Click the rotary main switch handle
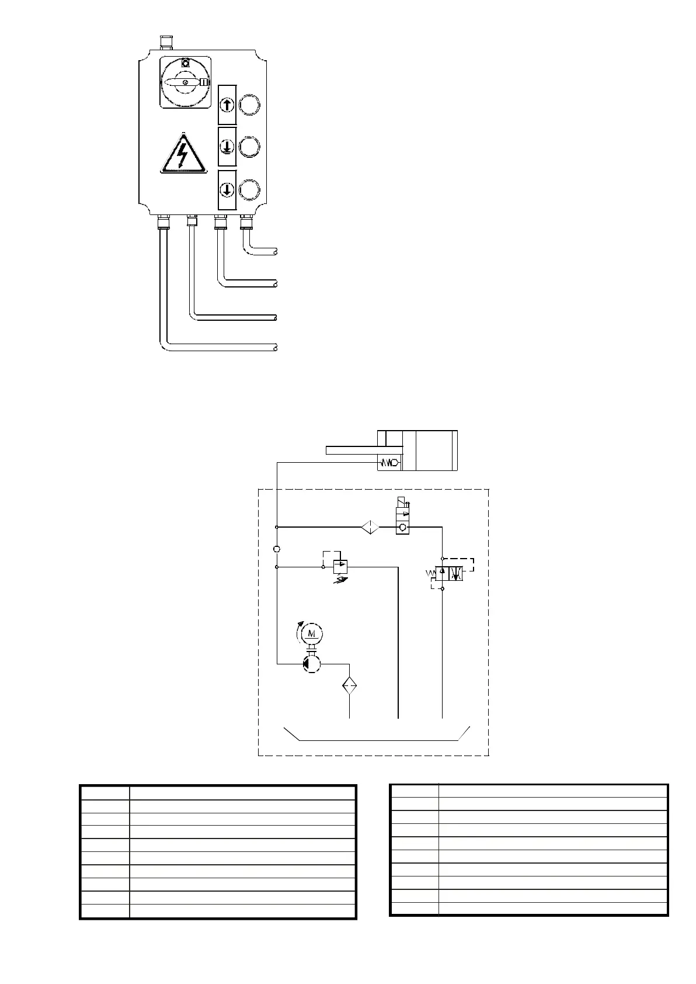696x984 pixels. pyautogui.click(x=185, y=84)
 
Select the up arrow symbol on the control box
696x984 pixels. pyautogui.click(x=227, y=105)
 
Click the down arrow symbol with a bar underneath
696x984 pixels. pyautogui.click(x=227, y=146)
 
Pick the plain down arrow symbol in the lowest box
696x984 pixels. pyautogui.click(x=227, y=190)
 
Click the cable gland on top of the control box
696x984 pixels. pyautogui.click(x=165, y=43)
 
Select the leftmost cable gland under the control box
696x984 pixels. pyautogui.click(x=163, y=222)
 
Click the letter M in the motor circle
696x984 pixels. pyautogui.click(x=312, y=633)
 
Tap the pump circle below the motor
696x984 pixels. pyautogui.click(x=312, y=664)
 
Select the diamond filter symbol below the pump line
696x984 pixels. pyautogui.click(x=349, y=685)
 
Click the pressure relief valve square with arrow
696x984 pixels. pyautogui.click(x=340, y=566)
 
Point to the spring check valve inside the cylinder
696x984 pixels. pyautogui.click(x=389, y=463)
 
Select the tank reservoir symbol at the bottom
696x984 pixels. pyautogui.click(x=377, y=734)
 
